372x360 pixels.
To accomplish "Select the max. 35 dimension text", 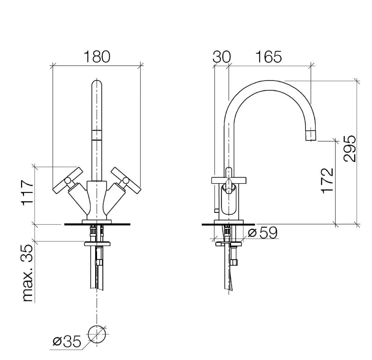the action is point(28,273).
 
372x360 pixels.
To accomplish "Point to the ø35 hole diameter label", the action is point(67,342).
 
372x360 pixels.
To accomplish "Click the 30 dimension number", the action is point(222,57).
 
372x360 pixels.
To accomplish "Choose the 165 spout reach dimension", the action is point(269,57).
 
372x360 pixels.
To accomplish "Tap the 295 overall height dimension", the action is point(350,149).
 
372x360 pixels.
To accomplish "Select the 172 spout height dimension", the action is point(327,181).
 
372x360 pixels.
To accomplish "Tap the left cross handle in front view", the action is point(68,181).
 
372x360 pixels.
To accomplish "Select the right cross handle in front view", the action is point(125,181).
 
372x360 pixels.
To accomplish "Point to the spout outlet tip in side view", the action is point(311,135).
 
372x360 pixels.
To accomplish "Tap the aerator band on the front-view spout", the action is point(97,135).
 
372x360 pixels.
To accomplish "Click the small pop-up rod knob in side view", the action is point(216,210).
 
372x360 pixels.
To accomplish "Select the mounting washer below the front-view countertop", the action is point(97,244).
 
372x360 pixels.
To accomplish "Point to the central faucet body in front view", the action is point(97,201).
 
